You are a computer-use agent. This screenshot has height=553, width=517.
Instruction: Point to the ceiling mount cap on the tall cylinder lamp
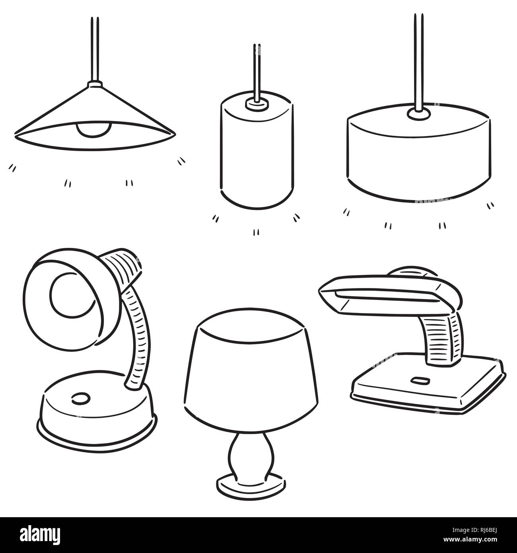[x=257, y=104]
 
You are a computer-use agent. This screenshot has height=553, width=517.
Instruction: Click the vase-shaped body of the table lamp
[x=251, y=452]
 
